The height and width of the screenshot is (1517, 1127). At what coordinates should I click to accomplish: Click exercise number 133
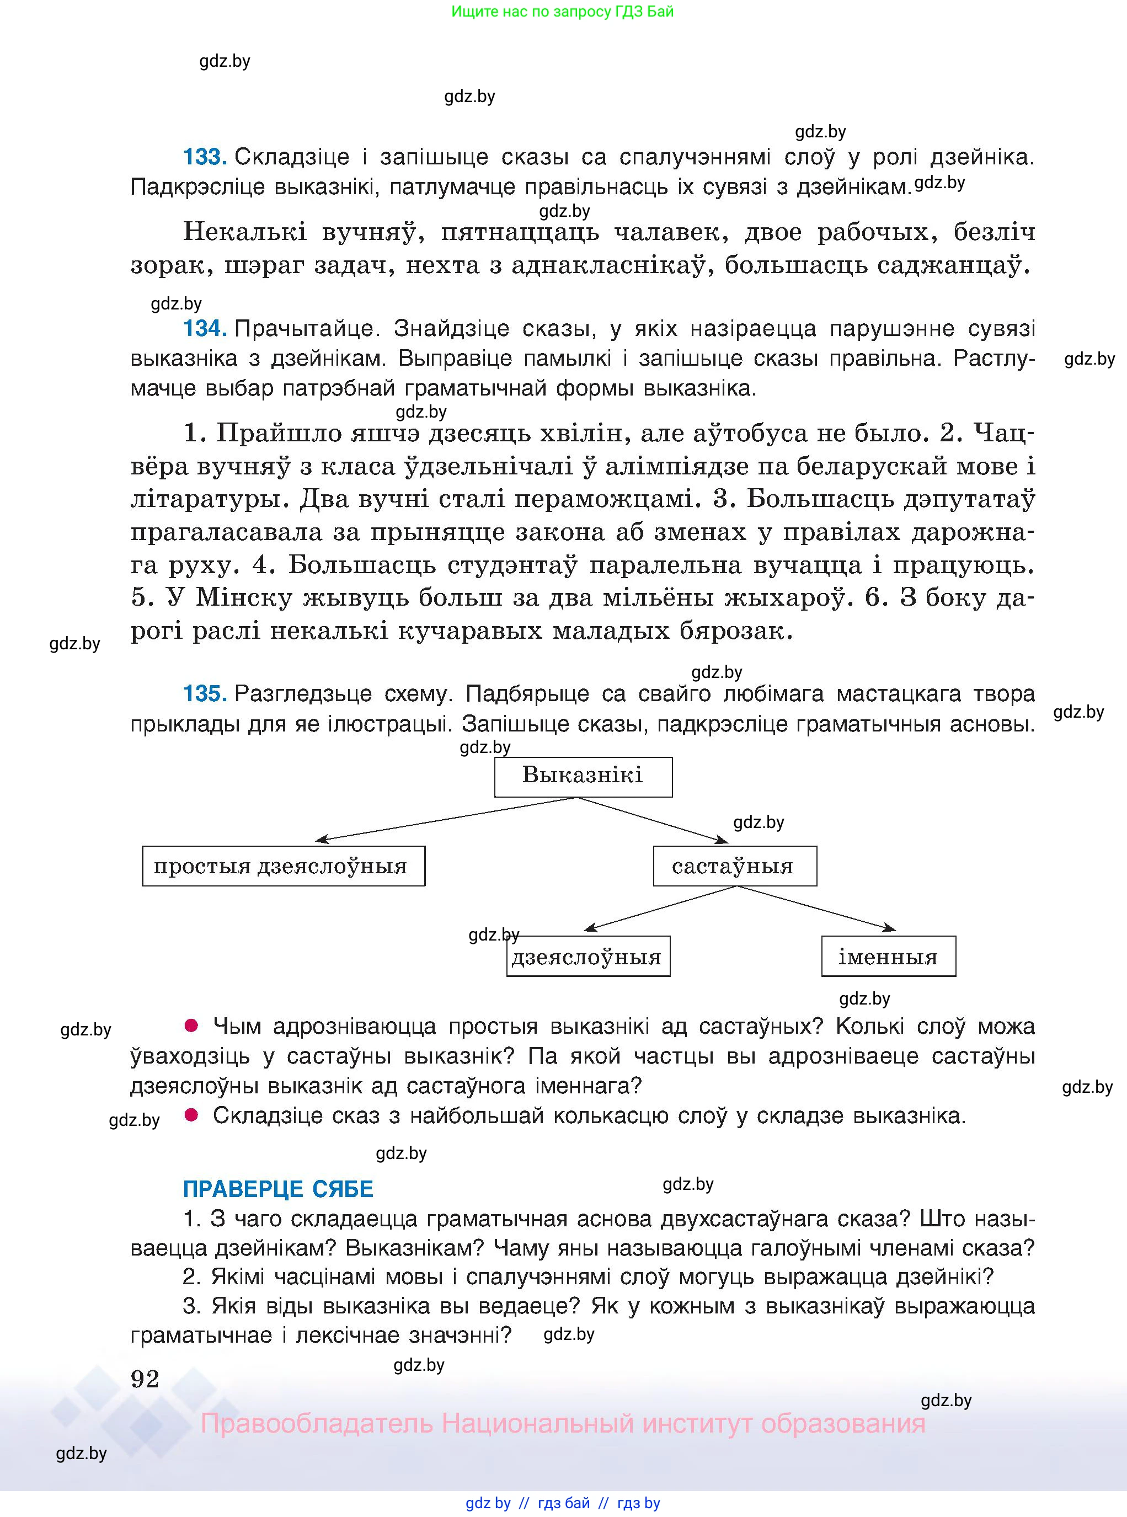[205, 158]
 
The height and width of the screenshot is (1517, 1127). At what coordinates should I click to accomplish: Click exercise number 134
[205, 329]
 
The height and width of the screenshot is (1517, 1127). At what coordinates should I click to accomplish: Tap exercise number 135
[205, 694]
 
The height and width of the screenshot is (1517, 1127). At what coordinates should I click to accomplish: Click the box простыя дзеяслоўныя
[283, 866]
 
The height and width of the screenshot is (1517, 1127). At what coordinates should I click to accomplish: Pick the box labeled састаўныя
[734, 866]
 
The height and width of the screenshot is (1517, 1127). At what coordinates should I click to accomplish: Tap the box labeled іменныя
[888, 957]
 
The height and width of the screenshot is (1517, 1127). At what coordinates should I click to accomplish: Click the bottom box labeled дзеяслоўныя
[587, 957]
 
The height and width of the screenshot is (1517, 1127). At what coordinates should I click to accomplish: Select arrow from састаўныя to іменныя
[819, 909]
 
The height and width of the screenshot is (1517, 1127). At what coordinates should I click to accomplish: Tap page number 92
[145, 1379]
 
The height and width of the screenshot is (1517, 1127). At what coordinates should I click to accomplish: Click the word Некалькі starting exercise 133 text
[245, 233]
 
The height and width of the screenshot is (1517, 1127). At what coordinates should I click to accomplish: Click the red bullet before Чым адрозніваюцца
[192, 1025]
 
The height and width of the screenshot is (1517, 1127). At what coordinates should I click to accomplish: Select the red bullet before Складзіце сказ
[192, 1114]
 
